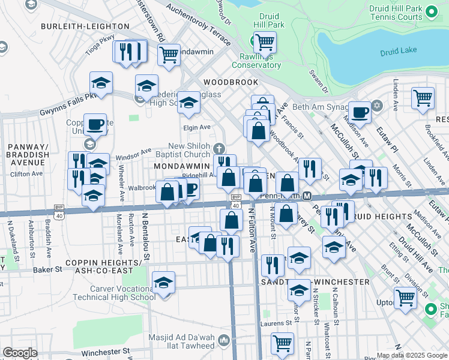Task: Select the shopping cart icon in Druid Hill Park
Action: [264, 43]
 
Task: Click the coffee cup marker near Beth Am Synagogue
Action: [360, 112]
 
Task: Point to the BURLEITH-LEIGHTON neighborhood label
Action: [85, 26]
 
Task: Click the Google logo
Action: [20, 353]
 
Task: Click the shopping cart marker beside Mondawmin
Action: [169, 55]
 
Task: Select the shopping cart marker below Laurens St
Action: [282, 343]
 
